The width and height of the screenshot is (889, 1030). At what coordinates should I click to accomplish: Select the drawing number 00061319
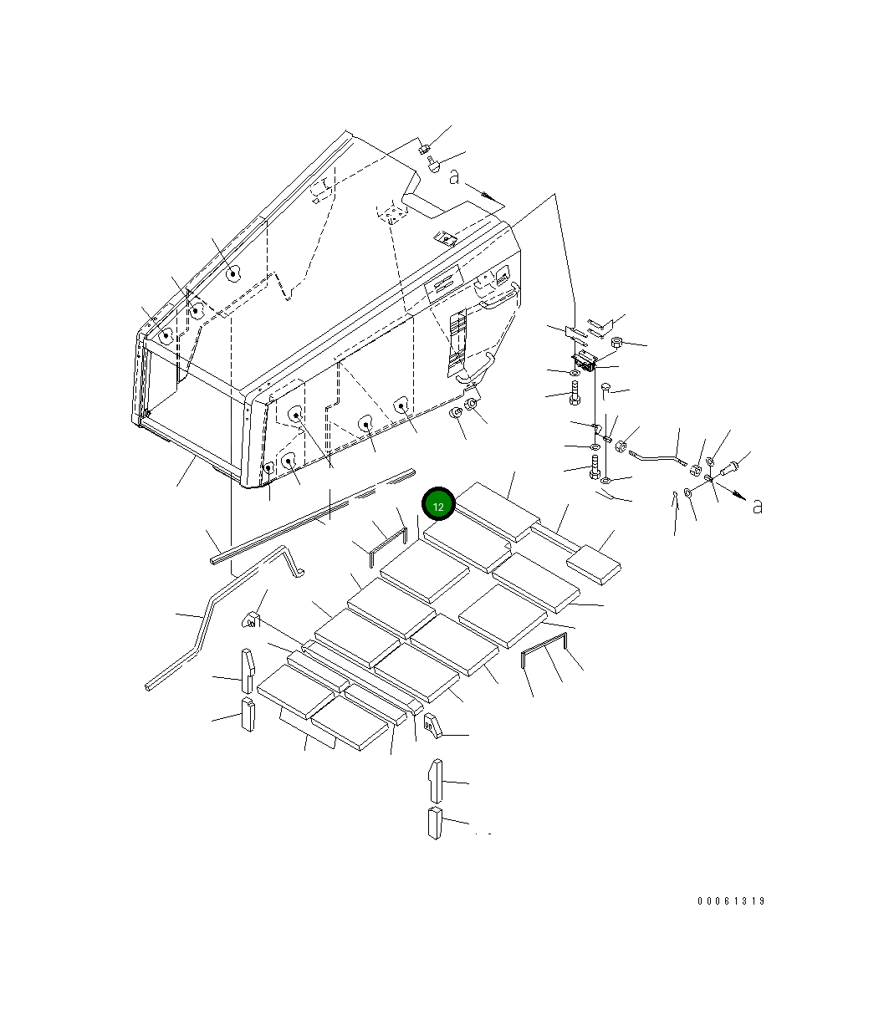731,901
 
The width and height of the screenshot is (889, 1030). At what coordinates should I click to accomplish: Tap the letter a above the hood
454,177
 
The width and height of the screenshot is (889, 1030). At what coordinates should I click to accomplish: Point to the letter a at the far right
758,507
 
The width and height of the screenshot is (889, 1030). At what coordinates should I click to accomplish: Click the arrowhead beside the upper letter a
490,196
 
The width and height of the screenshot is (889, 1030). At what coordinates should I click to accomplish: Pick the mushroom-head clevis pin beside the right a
728,468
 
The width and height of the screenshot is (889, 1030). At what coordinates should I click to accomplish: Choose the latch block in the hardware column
584,360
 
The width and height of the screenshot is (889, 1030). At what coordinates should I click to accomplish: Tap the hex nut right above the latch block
616,342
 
